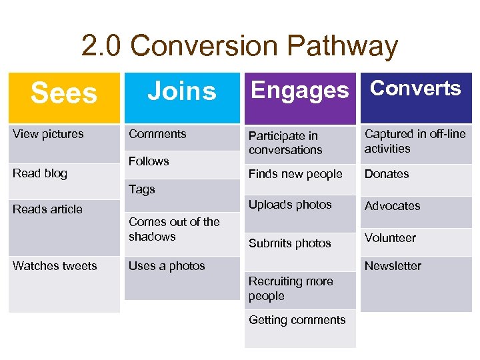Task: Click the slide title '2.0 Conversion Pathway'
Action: tap(239, 46)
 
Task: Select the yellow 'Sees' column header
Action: tap(64, 93)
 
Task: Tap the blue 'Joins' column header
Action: tap(181, 91)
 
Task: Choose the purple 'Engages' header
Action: tap(299, 90)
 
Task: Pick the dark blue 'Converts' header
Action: tap(415, 89)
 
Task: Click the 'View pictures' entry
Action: tap(48, 134)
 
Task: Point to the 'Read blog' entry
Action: tap(40, 173)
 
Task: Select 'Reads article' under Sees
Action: tap(47, 209)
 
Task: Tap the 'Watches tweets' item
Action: tap(55, 266)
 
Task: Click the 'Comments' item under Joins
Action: tap(157, 134)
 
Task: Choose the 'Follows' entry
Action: tap(149, 161)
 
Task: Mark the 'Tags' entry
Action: tap(141, 189)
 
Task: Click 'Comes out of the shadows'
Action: tap(174, 229)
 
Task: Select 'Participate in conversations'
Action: tap(285, 143)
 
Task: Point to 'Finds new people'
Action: tap(295, 174)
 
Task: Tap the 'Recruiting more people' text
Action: tap(291, 289)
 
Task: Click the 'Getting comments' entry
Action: tap(297, 320)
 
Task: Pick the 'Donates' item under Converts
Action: tap(387, 174)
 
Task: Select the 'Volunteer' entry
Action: tap(390, 238)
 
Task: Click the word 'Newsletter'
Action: tap(393, 266)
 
